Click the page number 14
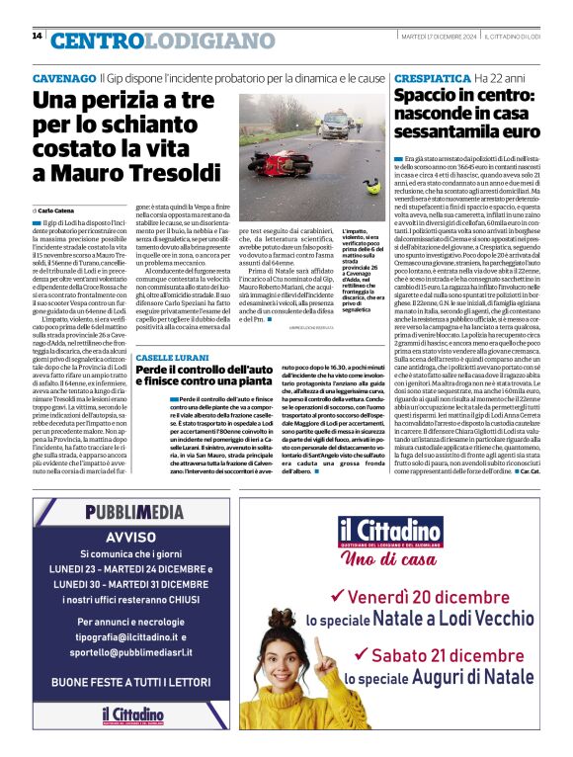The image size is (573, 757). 37,37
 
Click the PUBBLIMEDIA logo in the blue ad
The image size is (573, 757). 133,512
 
